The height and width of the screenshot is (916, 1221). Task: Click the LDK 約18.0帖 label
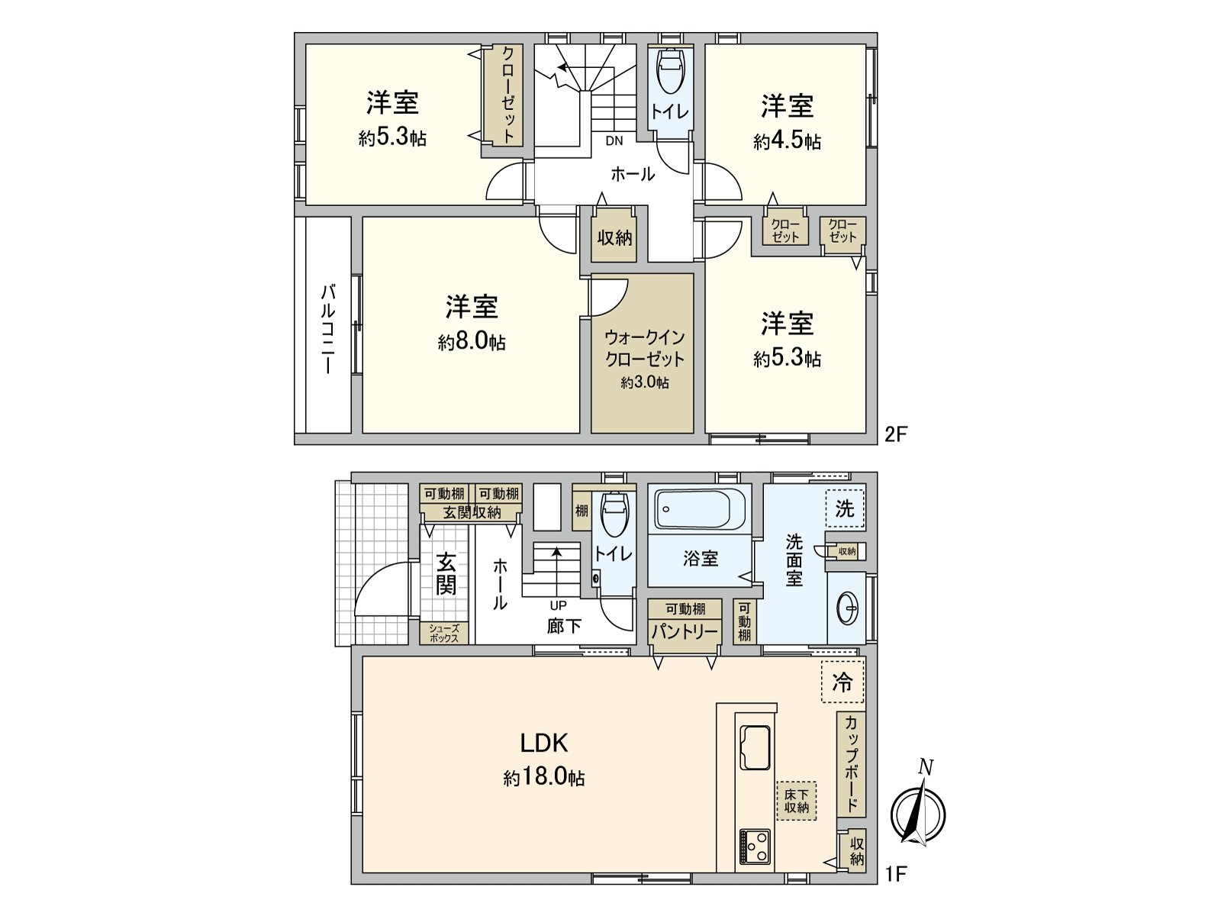click(x=544, y=759)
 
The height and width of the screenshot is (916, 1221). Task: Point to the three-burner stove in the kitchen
click(x=755, y=846)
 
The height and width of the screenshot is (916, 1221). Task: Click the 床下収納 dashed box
click(x=796, y=801)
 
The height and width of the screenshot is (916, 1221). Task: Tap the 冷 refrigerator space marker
click(x=842, y=681)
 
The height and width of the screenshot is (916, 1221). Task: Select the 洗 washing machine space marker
click(x=845, y=508)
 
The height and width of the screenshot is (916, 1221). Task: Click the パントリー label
click(x=685, y=632)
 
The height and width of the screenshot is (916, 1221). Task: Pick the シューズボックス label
click(x=443, y=634)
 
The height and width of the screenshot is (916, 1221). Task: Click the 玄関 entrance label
click(x=446, y=574)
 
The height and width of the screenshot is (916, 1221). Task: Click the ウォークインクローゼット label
click(x=644, y=348)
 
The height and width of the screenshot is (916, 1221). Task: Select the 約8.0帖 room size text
click(x=472, y=341)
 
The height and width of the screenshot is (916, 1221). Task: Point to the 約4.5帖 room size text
click(x=787, y=141)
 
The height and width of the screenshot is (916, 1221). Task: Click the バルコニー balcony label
click(x=327, y=328)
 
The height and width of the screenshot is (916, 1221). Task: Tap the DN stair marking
click(x=614, y=140)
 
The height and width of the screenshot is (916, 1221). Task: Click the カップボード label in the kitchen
click(x=852, y=763)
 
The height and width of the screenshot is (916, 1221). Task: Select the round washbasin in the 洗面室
click(x=847, y=609)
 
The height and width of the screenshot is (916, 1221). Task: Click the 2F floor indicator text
click(x=896, y=434)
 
